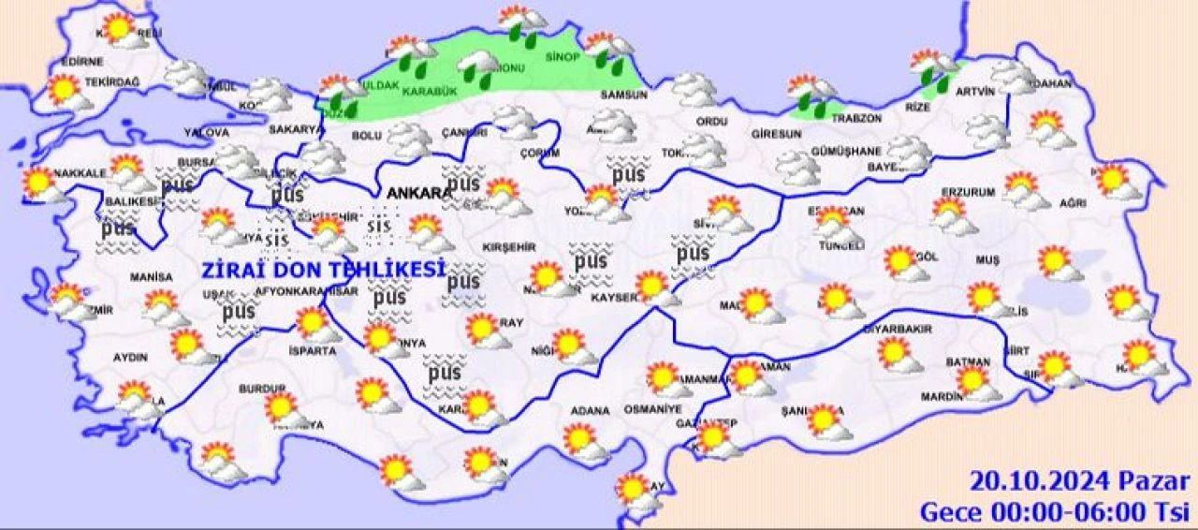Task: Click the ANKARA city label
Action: [417, 193]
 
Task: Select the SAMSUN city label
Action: [624, 95]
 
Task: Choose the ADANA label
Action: [590, 411]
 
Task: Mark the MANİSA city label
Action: [152, 278]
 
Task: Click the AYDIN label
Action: [130, 358]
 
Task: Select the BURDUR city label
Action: [262, 389]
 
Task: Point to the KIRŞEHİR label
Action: [508, 246]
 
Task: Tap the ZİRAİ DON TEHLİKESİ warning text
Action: [323, 270]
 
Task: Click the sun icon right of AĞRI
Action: [1117, 181]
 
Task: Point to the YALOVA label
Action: [206, 132]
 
